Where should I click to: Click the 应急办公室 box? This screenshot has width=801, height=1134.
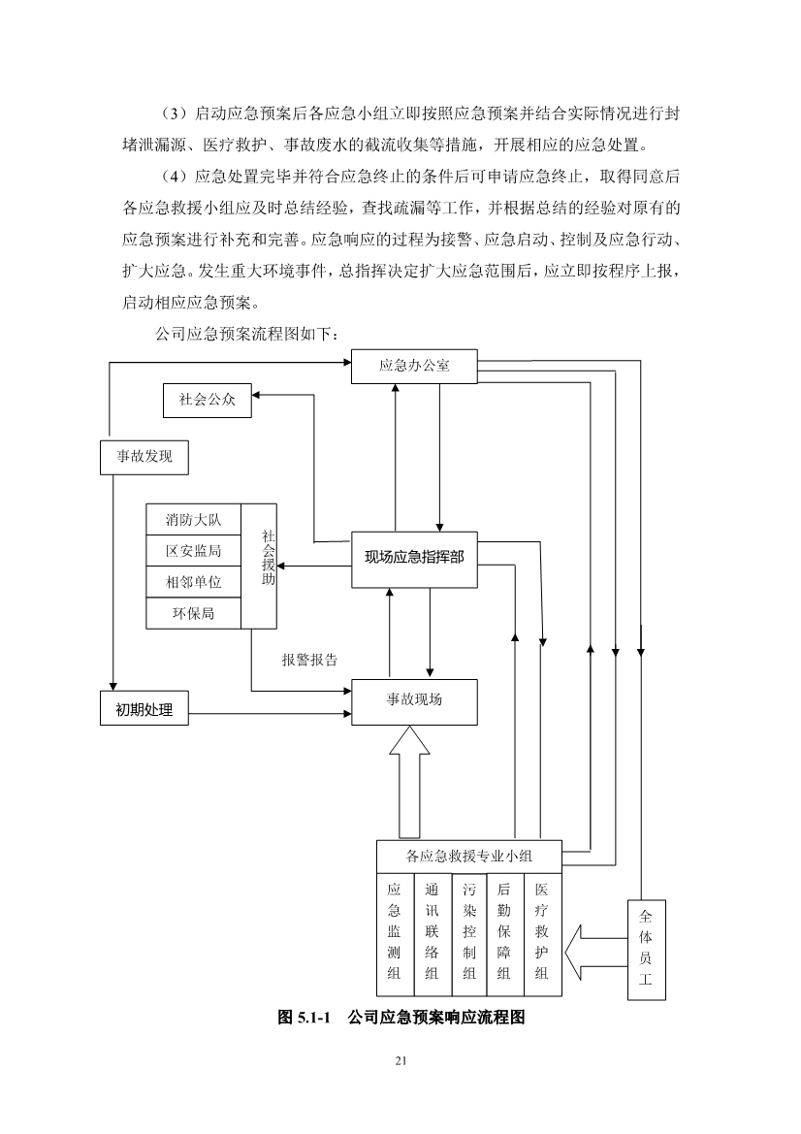414,366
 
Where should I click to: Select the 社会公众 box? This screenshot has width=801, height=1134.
207,400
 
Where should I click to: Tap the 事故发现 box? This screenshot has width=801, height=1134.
144,456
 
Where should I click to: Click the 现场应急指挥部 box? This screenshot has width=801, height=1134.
414,558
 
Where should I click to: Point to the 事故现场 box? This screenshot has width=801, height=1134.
414,699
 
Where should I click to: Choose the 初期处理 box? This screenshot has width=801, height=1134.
144,709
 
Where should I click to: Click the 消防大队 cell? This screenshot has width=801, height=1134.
193,520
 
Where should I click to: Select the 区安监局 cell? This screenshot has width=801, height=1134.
193,550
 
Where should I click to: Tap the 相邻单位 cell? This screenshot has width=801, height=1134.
193,582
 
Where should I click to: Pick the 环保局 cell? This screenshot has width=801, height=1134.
193,613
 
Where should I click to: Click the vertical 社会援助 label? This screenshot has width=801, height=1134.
269,558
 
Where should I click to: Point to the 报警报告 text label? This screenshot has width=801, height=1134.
309,660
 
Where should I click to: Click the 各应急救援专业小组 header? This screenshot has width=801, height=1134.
468,857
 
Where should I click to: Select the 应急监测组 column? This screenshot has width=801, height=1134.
394,932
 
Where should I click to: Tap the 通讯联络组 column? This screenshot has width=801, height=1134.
431,932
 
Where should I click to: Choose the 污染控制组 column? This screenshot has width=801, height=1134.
468,932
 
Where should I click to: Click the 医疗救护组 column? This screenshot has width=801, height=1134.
541,932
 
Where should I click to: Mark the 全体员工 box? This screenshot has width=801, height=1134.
646,948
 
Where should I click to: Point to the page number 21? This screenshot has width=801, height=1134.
400,1060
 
